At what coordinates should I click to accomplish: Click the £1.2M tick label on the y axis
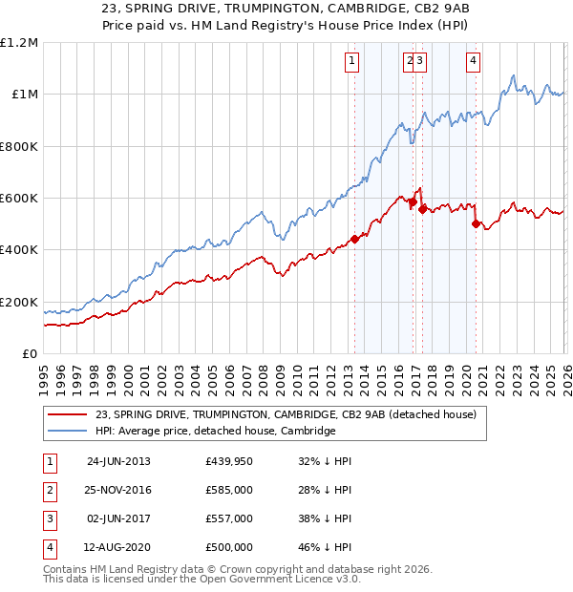click(19, 43)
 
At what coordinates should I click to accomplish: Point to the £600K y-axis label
click(19, 199)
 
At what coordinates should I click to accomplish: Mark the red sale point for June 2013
click(354, 240)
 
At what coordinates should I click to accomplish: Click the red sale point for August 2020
click(475, 224)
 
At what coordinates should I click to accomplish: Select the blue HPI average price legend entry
click(215, 431)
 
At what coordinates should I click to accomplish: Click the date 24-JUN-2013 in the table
click(118, 461)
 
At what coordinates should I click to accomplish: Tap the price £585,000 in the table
click(229, 490)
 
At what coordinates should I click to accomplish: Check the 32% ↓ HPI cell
click(325, 461)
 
